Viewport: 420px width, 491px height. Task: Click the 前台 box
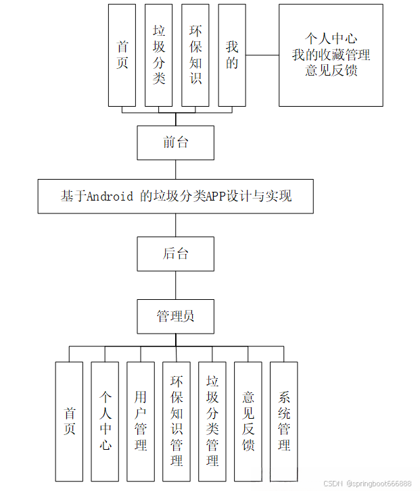tap(176, 143)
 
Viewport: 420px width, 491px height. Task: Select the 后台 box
tap(176, 253)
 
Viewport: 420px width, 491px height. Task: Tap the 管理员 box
tap(176, 316)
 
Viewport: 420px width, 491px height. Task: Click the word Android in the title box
tap(110, 197)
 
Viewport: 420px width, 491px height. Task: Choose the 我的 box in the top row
tap(232, 55)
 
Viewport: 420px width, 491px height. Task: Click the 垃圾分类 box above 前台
tap(159, 55)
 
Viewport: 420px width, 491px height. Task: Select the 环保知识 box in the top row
tap(195, 55)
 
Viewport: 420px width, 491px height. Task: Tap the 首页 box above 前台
tap(122, 55)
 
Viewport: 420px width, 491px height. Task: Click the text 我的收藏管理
tap(331, 55)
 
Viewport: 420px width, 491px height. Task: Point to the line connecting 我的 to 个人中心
tap(262, 55)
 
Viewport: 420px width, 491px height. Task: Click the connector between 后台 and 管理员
tap(176, 285)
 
